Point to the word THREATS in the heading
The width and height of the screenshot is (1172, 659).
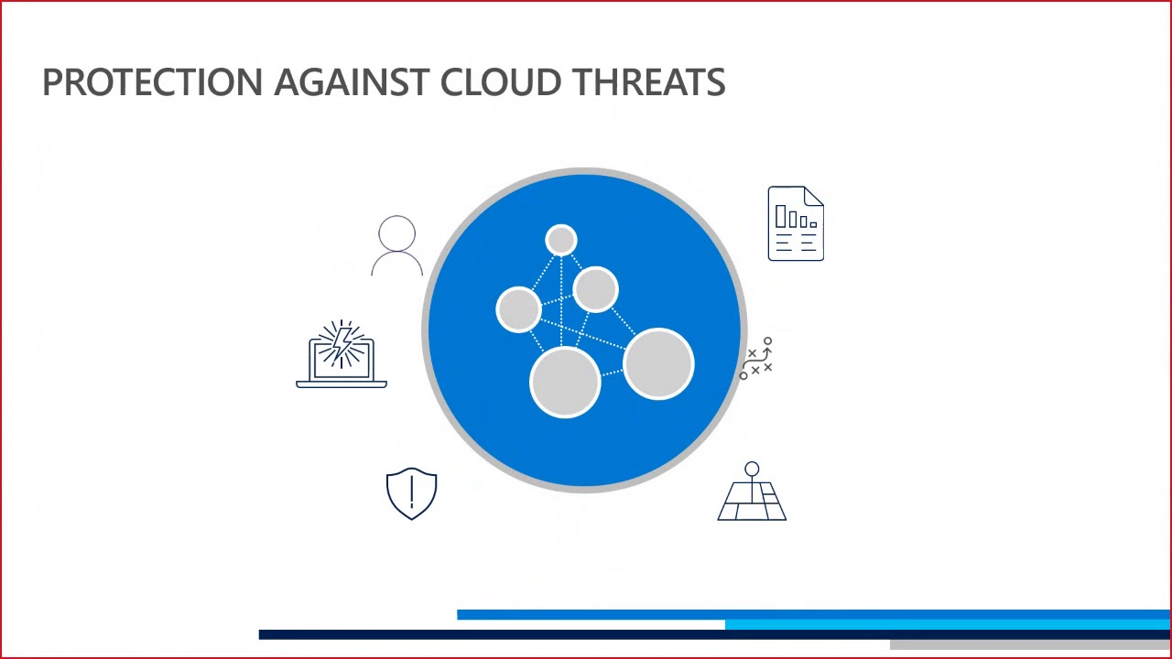(x=649, y=82)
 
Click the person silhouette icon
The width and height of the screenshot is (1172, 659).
(x=396, y=245)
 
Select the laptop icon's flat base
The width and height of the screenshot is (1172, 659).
(x=342, y=384)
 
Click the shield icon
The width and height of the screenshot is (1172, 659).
(x=412, y=494)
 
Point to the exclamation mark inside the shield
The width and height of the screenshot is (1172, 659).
(x=412, y=492)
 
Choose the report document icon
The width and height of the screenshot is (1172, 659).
(x=796, y=224)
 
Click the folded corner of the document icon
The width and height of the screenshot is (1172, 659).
(x=814, y=196)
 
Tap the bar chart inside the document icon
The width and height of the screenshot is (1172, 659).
(x=795, y=218)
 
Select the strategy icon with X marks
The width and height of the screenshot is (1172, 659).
(x=757, y=359)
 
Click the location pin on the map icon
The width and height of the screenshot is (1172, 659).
(x=752, y=470)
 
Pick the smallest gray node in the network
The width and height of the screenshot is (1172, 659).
(x=560, y=240)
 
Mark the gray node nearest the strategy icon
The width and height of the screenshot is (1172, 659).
(x=658, y=364)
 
